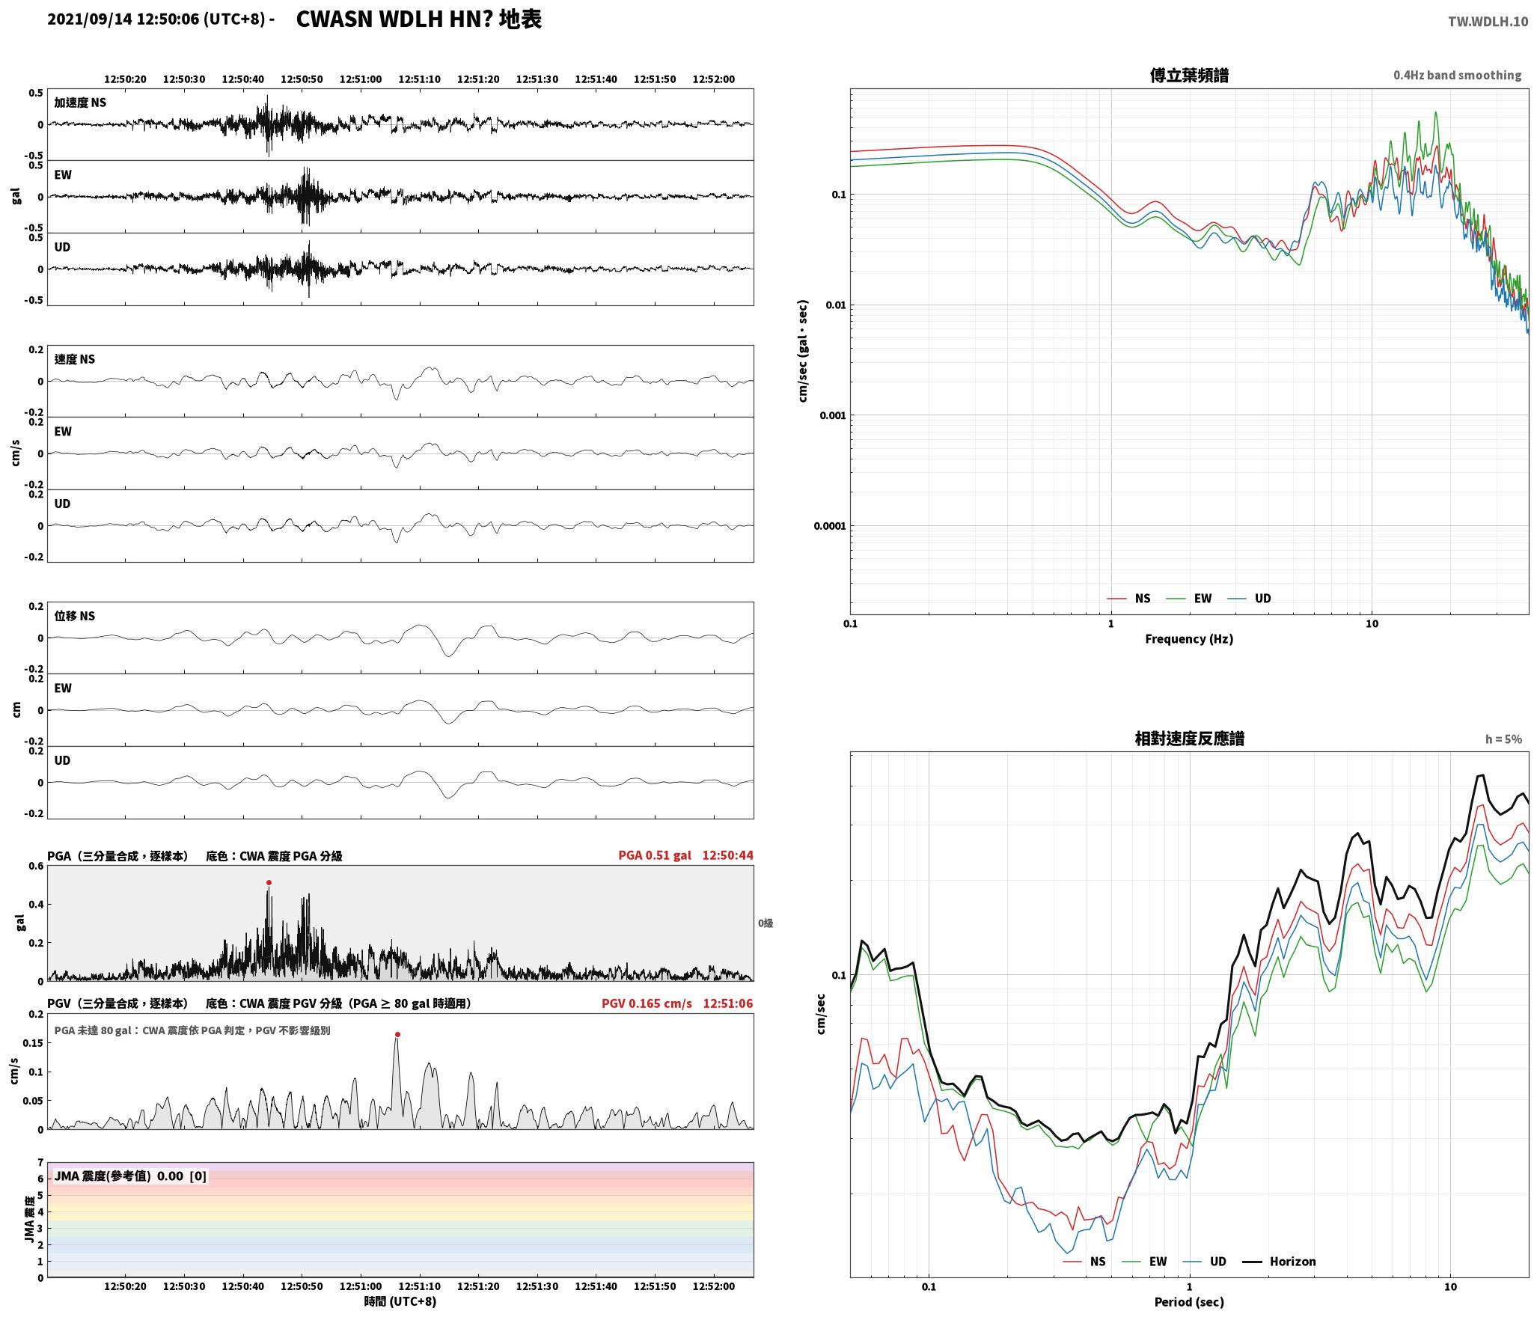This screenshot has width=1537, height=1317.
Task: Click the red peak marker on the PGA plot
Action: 269,882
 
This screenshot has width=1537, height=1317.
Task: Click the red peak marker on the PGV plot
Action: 397,1035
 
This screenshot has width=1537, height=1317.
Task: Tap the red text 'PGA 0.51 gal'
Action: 655,855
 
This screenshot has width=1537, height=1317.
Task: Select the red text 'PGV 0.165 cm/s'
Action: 647,1003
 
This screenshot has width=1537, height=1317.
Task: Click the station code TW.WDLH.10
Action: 1488,22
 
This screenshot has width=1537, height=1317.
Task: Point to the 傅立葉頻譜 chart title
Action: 1189,76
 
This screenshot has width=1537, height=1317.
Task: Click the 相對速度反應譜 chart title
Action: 1189,739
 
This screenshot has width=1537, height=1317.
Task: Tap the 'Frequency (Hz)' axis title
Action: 1189,639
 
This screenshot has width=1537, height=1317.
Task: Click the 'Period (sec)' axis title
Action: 1189,1302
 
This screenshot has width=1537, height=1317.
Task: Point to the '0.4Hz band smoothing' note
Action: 1457,76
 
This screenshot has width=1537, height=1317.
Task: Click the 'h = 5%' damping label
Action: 1503,739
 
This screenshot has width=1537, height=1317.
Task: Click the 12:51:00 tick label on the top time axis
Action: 361,79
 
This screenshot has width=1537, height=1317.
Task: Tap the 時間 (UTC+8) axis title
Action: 400,1301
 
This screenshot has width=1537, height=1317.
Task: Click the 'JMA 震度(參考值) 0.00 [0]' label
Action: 130,1176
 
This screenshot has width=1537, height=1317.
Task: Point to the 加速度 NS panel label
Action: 80,103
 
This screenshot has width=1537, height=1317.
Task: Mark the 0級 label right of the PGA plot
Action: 766,923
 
